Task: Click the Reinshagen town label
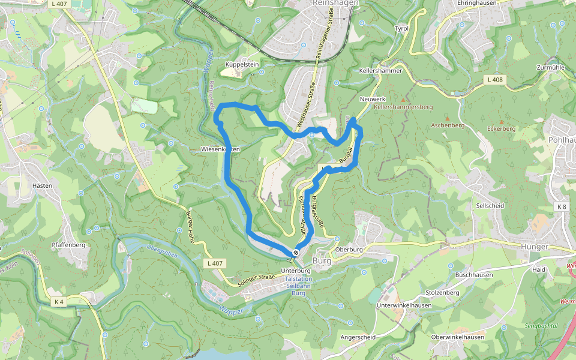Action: (335, 3)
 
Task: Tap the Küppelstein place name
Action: (241, 64)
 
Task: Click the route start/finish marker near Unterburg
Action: (296, 253)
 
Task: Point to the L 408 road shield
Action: (494, 80)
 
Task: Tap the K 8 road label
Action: (561, 207)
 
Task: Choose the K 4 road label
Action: (58, 302)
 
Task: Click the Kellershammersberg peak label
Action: (403, 107)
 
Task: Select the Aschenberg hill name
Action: (448, 125)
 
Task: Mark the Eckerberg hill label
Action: (501, 128)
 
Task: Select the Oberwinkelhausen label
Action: (457, 337)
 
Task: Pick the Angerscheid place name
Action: (358, 337)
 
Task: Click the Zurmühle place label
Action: (550, 68)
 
